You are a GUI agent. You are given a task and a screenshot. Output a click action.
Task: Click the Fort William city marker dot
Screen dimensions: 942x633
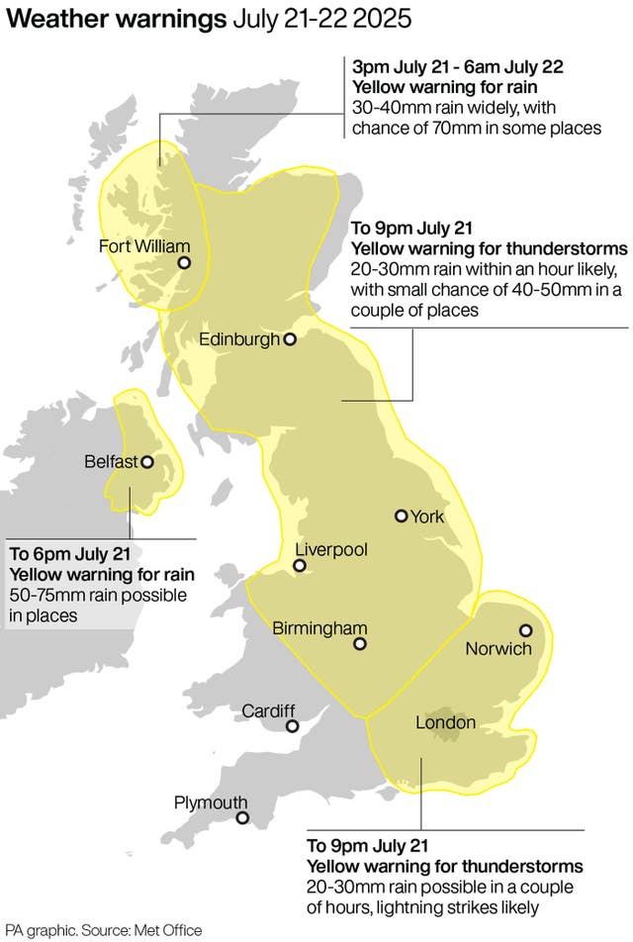point(184,263)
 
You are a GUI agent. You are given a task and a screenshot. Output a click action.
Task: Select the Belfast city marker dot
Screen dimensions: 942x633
point(147,461)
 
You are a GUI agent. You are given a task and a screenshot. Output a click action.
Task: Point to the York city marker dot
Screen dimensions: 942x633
point(401,516)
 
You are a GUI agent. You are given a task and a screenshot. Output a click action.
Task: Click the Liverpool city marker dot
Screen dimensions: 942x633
point(299,567)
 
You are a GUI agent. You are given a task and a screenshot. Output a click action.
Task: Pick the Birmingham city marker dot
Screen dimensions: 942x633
point(360,644)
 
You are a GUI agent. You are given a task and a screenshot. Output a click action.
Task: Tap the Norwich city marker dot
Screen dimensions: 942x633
point(525,630)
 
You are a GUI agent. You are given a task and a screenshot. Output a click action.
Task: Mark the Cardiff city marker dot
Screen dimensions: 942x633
point(292,726)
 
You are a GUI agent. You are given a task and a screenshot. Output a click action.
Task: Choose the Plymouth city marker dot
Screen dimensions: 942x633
point(242,818)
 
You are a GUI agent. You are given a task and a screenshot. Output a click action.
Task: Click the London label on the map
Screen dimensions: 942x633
point(445,723)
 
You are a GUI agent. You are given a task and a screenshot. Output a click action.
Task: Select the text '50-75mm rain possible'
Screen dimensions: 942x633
point(98,595)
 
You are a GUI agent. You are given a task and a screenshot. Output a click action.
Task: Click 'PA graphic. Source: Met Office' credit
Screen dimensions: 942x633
point(103,931)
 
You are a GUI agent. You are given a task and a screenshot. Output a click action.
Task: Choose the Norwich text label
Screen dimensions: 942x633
point(498,649)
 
